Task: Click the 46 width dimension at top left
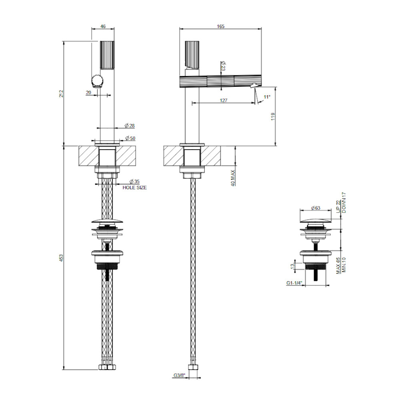click(x=103, y=26)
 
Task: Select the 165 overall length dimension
click(x=221, y=26)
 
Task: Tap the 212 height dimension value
click(x=61, y=93)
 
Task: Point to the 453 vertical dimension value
click(x=61, y=258)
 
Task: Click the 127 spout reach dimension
click(x=224, y=100)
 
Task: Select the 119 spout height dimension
click(x=273, y=116)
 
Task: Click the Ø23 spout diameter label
click(x=223, y=66)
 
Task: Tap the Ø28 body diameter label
click(x=130, y=126)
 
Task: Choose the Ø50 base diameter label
click(x=130, y=138)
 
